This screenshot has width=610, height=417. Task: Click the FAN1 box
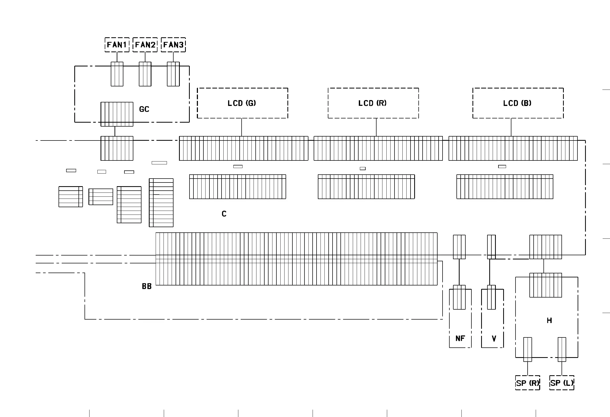(x=117, y=45)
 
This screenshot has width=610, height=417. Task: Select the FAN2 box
(x=145, y=45)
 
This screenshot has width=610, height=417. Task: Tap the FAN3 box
(x=173, y=45)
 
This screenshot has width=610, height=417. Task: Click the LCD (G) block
(x=242, y=103)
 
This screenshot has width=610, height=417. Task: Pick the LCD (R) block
(x=373, y=103)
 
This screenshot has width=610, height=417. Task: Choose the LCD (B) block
(x=518, y=103)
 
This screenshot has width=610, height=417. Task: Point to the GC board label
(x=144, y=109)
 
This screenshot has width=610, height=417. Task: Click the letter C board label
(x=224, y=214)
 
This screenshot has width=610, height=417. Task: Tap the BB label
(x=147, y=286)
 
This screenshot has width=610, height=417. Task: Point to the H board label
(x=549, y=321)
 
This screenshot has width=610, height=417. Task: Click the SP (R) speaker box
(x=528, y=383)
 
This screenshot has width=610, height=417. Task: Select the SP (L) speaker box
(x=562, y=383)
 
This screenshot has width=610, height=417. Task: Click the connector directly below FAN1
(x=117, y=74)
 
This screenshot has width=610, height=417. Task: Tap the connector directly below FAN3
(x=173, y=74)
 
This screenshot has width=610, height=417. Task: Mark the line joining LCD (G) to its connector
(x=241, y=127)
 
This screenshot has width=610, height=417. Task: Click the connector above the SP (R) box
(x=528, y=350)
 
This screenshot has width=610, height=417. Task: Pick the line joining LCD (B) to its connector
(x=511, y=127)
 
